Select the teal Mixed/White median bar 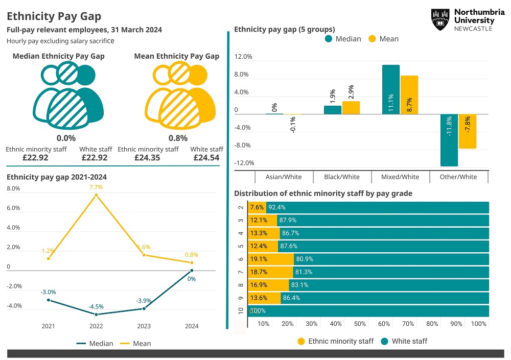pyautogui.click(x=391, y=90)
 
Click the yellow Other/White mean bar pyautogui.click(x=467, y=131)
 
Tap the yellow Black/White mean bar pyautogui.click(x=351, y=108)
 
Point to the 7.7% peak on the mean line pyautogui.click(x=96, y=195)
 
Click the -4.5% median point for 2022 pyautogui.click(x=96, y=314)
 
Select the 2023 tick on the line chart pyautogui.click(x=144, y=326)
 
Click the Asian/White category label pyautogui.click(x=284, y=177)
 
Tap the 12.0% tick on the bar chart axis pyautogui.click(x=243, y=57)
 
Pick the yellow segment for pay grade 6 pyautogui.click(x=271, y=259)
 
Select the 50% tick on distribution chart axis pyautogui.click(x=360, y=324)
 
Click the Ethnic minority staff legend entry pyautogui.click(x=336, y=341)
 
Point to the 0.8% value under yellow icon pyautogui.click(x=178, y=138)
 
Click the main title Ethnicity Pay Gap pyautogui.click(x=54, y=17)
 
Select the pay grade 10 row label pyautogui.click(x=241, y=311)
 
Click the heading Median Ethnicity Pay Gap pyautogui.click(x=58, y=56)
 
